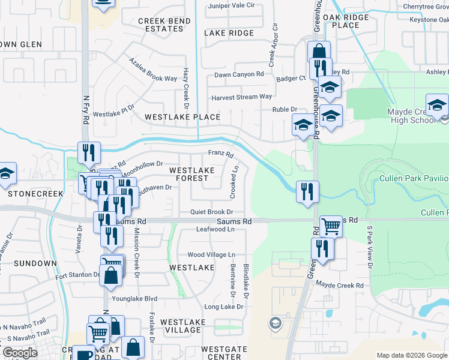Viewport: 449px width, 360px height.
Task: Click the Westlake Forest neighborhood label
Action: point(191,174)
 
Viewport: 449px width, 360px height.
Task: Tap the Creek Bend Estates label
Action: point(160,25)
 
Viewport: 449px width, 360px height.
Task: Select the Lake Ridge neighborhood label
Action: point(229,33)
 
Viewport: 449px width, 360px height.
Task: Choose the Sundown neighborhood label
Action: point(35,263)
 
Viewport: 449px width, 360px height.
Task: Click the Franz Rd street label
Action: point(220,154)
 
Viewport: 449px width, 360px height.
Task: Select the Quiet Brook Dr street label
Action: point(211,212)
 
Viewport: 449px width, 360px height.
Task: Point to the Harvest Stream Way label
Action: point(241,97)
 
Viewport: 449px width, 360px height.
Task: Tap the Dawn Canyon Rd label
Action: point(239,74)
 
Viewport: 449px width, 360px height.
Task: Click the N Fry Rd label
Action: point(86,111)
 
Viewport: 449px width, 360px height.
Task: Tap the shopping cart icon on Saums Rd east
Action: point(331,226)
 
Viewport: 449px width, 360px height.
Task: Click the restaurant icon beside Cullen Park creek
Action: point(307,191)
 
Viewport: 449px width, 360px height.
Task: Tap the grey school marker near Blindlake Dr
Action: point(276,324)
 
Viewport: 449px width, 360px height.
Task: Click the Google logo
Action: point(20,353)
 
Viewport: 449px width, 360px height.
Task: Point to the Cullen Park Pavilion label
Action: point(414,179)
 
